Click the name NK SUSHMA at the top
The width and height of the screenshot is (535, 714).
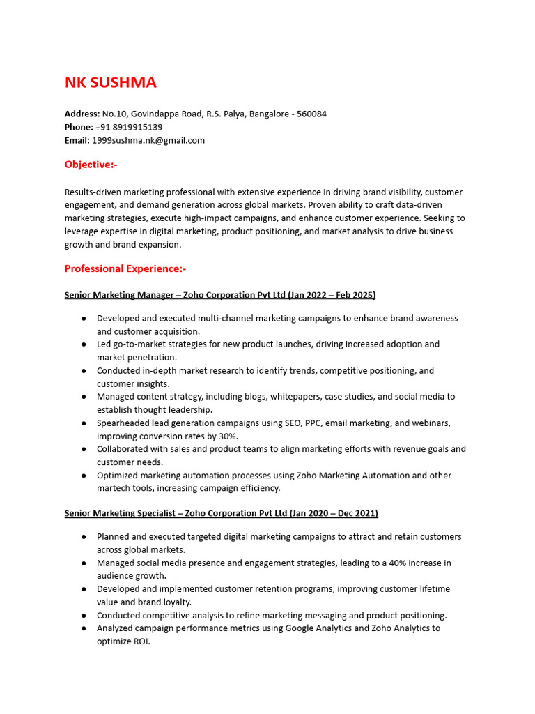tap(110, 82)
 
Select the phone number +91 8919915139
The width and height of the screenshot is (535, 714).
tap(129, 127)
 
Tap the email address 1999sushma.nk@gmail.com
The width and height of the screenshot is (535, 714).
tap(148, 140)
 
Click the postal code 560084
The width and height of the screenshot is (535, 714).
tap(311, 114)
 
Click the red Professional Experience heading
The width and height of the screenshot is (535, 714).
tap(125, 268)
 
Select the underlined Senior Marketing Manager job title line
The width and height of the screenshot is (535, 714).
tap(219, 295)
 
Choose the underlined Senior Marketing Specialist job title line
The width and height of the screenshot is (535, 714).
tap(221, 513)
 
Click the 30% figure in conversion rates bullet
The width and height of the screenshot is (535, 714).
tap(228, 436)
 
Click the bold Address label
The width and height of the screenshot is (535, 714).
tap(82, 114)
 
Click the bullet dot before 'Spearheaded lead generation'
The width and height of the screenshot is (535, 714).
tap(84, 423)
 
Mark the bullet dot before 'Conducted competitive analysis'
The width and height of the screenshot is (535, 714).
tap(84, 616)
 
